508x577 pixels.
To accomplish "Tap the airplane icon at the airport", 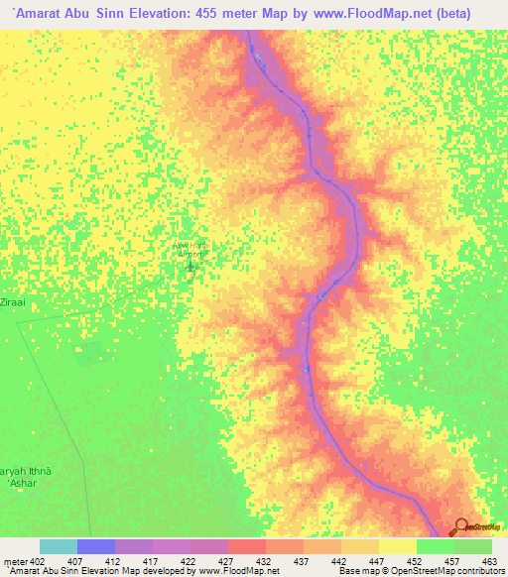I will click(x=190, y=266).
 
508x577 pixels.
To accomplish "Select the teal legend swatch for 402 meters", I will click(x=58, y=546).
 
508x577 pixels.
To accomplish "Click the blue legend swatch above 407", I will click(x=95, y=546).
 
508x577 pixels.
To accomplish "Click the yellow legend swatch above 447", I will click(x=360, y=546).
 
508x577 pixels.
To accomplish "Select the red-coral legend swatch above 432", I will click(x=246, y=546).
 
